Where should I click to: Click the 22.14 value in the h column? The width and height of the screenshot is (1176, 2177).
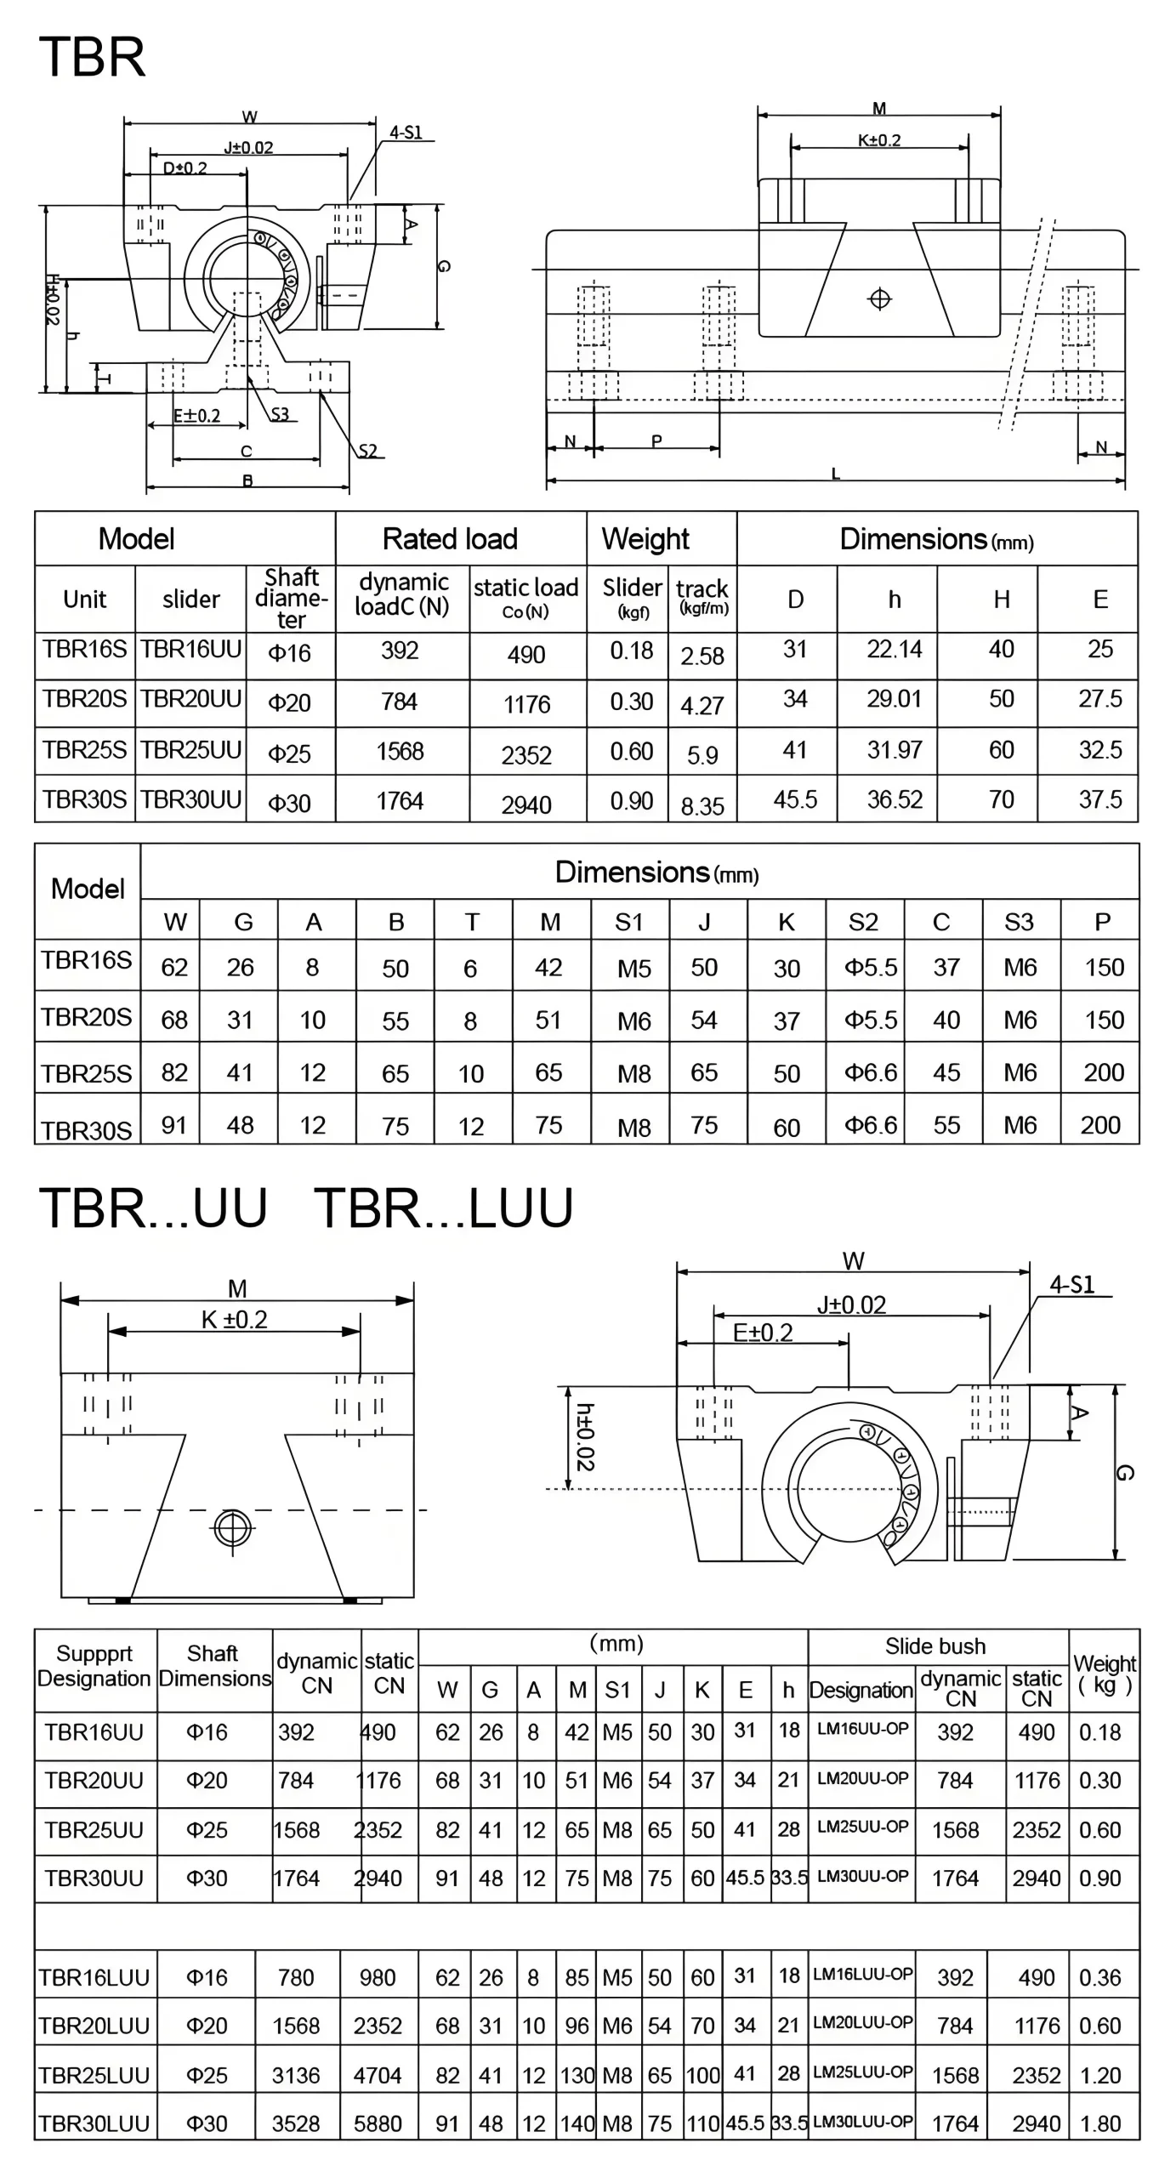tap(894, 650)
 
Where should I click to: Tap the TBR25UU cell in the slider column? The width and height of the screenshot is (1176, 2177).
tap(190, 750)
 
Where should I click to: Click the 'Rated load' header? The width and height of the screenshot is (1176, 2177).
tap(450, 539)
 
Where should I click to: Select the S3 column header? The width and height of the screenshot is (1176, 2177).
tap(1019, 922)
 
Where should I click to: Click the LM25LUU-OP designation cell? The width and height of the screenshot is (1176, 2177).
tap(862, 2072)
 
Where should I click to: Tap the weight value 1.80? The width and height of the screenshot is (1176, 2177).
tap(1099, 2123)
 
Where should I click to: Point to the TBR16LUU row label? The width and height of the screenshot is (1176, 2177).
tap(94, 1978)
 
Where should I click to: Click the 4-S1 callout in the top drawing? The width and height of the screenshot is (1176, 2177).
tap(406, 133)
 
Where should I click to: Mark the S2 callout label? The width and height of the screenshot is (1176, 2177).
tap(367, 452)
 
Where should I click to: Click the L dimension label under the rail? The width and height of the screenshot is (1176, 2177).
tap(835, 475)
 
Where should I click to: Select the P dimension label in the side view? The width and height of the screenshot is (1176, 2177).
tap(656, 441)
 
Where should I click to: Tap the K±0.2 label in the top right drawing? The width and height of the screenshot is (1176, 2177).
tap(878, 140)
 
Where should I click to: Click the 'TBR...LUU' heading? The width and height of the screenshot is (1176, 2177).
tap(443, 1208)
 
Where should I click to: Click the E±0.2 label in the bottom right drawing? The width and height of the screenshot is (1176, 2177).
tap(763, 1333)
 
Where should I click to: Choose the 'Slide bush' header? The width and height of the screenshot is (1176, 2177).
tap(935, 1646)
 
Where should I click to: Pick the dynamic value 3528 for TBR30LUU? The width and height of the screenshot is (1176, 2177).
tap(296, 2123)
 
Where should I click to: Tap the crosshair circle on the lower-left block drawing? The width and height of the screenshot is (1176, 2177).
tap(232, 1528)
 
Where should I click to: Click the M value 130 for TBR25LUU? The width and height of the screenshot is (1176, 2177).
tap(577, 2075)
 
